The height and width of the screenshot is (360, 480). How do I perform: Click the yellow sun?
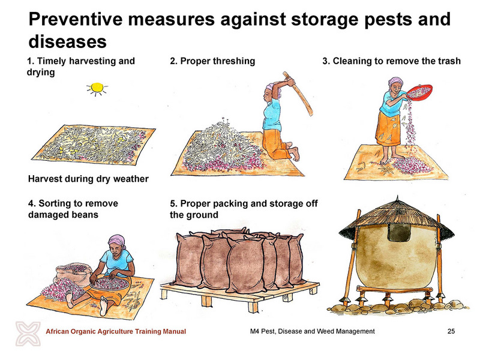pyautogui.click(x=97, y=88)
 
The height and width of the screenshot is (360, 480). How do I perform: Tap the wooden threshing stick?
pyautogui.click(x=298, y=93)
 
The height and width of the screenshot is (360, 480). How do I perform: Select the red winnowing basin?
pyautogui.click(x=419, y=92)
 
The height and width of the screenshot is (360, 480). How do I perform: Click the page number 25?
pyautogui.click(x=451, y=331)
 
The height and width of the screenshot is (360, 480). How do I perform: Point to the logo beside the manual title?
pyautogui.click(x=28, y=334)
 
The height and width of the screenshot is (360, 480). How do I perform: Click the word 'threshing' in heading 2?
pyautogui.click(x=234, y=61)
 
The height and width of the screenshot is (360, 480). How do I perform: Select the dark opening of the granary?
pyautogui.click(x=399, y=232)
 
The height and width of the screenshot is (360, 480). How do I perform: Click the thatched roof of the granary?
pyautogui.click(x=397, y=220)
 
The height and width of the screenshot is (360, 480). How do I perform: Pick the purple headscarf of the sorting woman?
pyautogui.click(x=116, y=240)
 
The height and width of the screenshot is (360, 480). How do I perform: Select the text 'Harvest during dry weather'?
pyautogui.click(x=88, y=179)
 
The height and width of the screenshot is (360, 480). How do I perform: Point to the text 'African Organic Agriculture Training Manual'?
pyautogui.click(x=116, y=331)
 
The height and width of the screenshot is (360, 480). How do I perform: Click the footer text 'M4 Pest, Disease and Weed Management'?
pyautogui.click(x=312, y=331)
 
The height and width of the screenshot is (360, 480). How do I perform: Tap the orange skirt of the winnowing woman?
pyautogui.click(x=388, y=129)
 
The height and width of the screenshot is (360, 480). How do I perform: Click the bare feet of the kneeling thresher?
pyautogui.click(x=293, y=152)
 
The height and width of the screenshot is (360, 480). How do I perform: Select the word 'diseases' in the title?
pyautogui.click(x=67, y=41)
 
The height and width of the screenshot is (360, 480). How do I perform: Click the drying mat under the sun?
pyautogui.click(x=94, y=144)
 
